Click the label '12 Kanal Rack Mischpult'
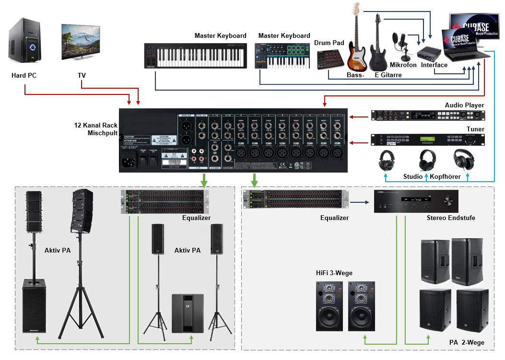(x=95, y=129)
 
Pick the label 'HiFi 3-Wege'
(x=334, y=273)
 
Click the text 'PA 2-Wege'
(x=467, y=342)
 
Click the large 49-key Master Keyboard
(x=196, y=57)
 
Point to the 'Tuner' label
(x=475, y=129)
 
